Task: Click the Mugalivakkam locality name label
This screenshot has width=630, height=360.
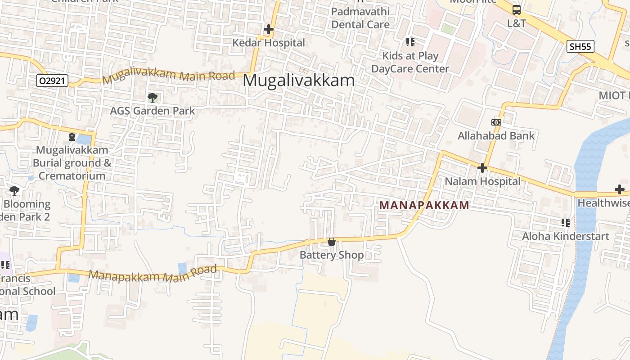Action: [x=299, y=81]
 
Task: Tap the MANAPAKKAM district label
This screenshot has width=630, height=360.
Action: [x=424, y=205]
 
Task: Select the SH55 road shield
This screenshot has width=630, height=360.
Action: [x=580, y=46]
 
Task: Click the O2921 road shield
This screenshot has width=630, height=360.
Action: [x=52, y=81]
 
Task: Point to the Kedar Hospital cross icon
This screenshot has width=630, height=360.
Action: [x=269, y=30]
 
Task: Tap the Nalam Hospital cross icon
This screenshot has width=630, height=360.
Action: [x=482, y=168]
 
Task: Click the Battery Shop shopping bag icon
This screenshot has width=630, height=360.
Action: [x=332, y=242]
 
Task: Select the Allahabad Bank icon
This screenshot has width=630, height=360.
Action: [x=496, y=122]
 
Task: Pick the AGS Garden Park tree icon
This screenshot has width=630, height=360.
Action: [x=153, y=97]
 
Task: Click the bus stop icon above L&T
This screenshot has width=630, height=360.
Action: [x=517, y=10]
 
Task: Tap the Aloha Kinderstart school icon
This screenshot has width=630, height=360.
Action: [x=566, y=222]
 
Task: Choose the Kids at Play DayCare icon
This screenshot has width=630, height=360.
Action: [x=410, y=42]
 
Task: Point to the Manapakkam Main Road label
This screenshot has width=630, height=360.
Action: [x=153, y=274]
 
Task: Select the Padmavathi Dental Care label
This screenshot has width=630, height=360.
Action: [x=360, y=18]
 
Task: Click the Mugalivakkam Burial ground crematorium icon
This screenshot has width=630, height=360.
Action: [x=72, y=136]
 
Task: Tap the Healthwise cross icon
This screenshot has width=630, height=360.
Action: [x=620, y=189]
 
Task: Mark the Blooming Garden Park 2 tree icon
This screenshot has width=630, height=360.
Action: [x=14, y=191]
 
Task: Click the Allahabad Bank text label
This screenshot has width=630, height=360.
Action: [x=496, y=136]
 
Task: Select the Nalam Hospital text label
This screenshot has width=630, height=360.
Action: [x=482, y=181]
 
